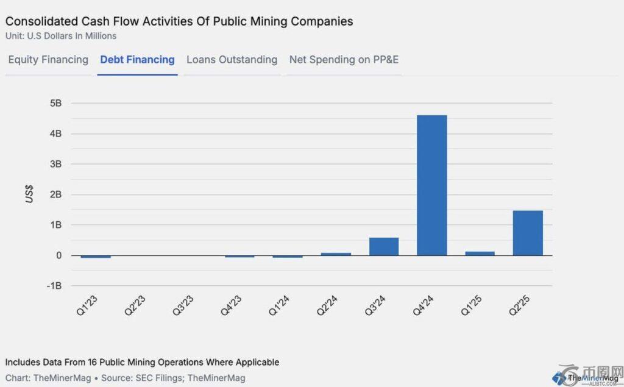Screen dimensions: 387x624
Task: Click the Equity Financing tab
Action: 48,60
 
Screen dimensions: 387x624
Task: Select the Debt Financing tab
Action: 137,60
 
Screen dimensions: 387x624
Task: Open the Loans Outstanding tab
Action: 232,60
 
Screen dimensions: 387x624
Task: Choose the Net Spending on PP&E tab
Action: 344,60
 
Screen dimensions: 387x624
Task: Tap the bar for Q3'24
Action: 384,246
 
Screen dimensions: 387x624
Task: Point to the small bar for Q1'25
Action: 480,253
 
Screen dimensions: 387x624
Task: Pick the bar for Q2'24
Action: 336,254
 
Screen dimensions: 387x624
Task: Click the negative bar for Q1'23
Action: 96,257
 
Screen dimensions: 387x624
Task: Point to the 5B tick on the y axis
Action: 55,103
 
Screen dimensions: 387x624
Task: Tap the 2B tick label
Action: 55,194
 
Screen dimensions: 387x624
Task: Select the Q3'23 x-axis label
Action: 183,305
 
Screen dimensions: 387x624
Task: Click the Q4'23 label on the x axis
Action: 232,305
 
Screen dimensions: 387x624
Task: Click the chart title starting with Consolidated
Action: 179,21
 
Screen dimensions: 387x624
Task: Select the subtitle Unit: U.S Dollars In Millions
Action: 61,36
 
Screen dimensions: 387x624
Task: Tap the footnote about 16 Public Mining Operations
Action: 142,362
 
